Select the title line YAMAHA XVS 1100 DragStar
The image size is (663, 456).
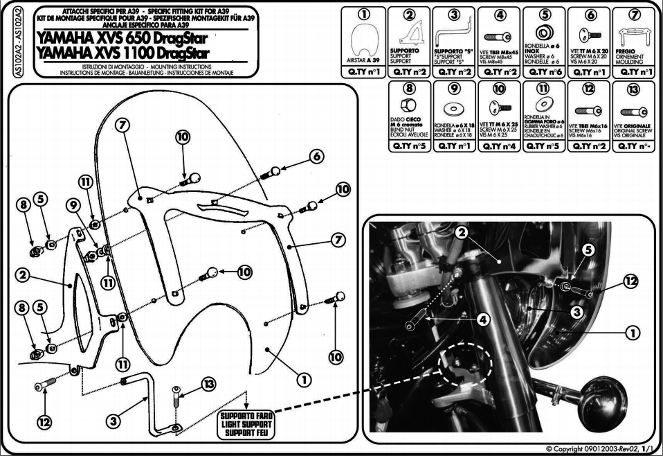(122, 52)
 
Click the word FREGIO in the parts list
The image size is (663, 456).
(626, 51)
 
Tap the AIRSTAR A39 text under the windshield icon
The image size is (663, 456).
(365, 60)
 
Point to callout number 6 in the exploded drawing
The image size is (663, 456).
(317, 156)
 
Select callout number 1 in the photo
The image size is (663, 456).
(632, 333)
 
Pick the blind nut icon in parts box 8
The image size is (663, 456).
(409, 104)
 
